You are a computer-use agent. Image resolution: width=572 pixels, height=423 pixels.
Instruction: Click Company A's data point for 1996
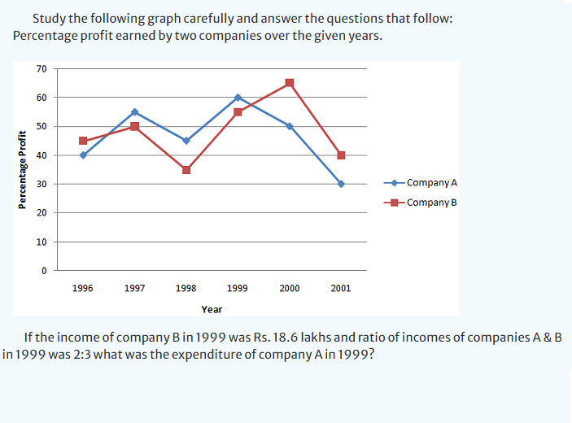(x=83, y=155)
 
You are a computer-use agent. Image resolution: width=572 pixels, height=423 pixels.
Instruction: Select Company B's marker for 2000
(x=290, y=83)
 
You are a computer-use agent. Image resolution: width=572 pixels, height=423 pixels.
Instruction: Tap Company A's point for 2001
(x=341, y=184)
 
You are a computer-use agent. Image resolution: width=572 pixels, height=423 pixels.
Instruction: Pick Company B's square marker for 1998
(x=186, y=169)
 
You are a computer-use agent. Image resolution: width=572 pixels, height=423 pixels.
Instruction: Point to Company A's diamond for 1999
(x=238, y=98)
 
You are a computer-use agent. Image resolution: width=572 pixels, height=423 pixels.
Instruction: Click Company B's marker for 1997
(x=134, y=126)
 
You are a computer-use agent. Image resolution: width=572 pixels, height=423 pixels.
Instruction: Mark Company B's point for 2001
(x=341, y=155)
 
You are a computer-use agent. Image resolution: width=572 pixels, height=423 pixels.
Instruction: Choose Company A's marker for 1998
(x=186, y=141)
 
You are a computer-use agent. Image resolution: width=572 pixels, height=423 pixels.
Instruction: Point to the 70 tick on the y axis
(x=41, y=68)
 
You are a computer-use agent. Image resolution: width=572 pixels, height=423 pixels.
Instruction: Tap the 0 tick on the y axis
(x=44, y=271)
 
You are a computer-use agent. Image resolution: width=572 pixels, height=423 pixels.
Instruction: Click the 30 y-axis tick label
(x=41, y=184)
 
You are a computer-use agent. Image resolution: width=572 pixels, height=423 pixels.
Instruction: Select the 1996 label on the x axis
(x=82, y=288)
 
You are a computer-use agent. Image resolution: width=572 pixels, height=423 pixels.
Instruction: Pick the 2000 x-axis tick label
(x=290, y=288)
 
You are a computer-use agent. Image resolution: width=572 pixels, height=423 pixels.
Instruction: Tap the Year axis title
(x=212, y=309)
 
